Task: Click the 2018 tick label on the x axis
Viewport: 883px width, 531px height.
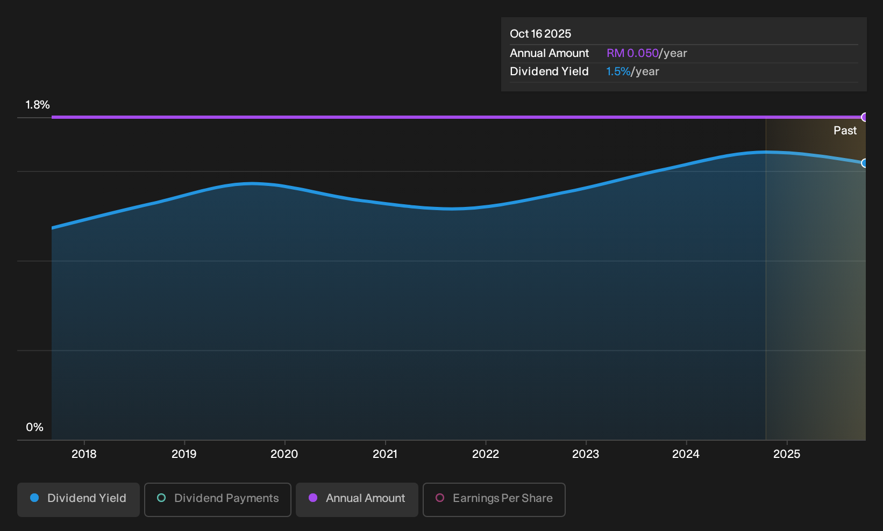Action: tap(84, 454)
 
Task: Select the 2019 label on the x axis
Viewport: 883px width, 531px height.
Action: tap(184, 454)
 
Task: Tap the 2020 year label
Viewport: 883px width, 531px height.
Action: tap(284, 454)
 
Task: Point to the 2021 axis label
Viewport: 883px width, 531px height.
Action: tap(385, 454)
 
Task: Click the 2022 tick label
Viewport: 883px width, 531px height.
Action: tap(486, 454)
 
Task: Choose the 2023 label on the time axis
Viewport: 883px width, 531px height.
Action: tap(586, 454)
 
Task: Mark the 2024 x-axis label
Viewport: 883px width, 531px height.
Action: tap(686, 454)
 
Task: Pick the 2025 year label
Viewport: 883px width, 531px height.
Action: tap(787, 454)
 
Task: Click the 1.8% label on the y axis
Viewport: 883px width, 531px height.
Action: tap(38, 105)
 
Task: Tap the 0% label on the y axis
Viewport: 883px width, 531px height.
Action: tap(35, 427)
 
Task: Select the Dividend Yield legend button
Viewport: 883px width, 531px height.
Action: tap(79, 499)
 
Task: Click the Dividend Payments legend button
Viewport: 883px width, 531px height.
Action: tap(218, 499)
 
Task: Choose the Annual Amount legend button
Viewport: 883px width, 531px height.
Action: tap(357, 499)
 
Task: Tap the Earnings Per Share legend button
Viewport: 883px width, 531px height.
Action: tap(494, 499)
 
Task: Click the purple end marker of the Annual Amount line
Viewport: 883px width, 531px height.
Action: tap(864, 117)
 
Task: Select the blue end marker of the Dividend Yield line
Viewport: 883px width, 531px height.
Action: tap(864, 163)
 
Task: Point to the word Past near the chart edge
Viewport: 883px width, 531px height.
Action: tap(845, 131)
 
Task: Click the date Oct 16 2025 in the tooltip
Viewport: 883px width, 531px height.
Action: tap(540, 34)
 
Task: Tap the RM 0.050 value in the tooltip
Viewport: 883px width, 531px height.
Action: tap(632, 53)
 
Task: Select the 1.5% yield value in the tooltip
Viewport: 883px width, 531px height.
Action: tap(618, 71)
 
